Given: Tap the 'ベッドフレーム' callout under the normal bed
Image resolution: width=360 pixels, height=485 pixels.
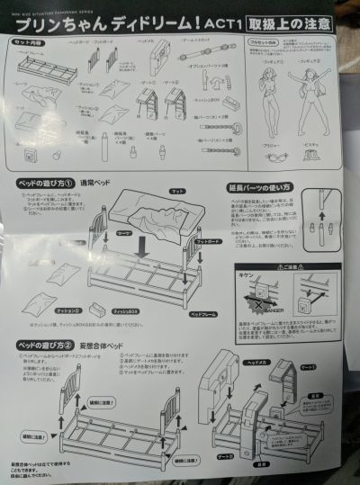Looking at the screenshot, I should [x=202, y=316].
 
